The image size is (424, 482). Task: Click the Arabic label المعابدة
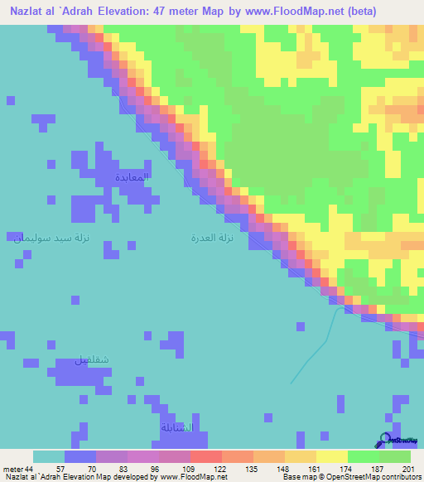point(132,177)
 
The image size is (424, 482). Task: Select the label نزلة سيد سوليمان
point(51,238)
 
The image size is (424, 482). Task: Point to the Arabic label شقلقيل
point(92,360)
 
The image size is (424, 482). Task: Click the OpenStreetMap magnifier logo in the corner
point(385,441)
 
